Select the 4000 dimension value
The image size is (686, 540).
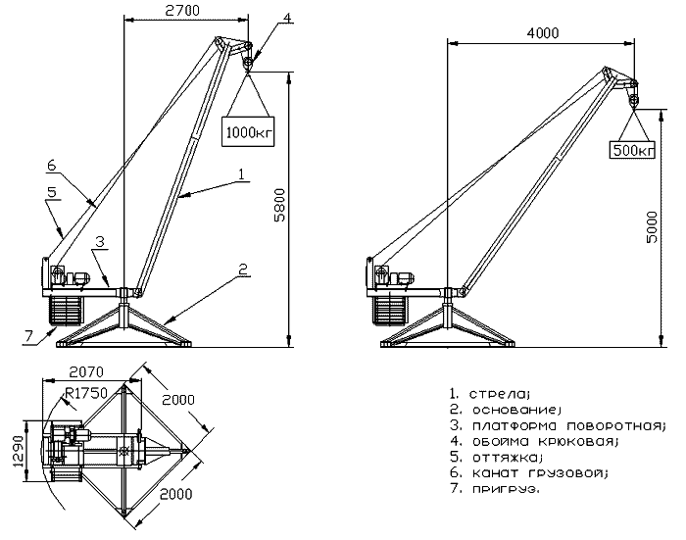click(542, 32)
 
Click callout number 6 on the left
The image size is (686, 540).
click(51, 166)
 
